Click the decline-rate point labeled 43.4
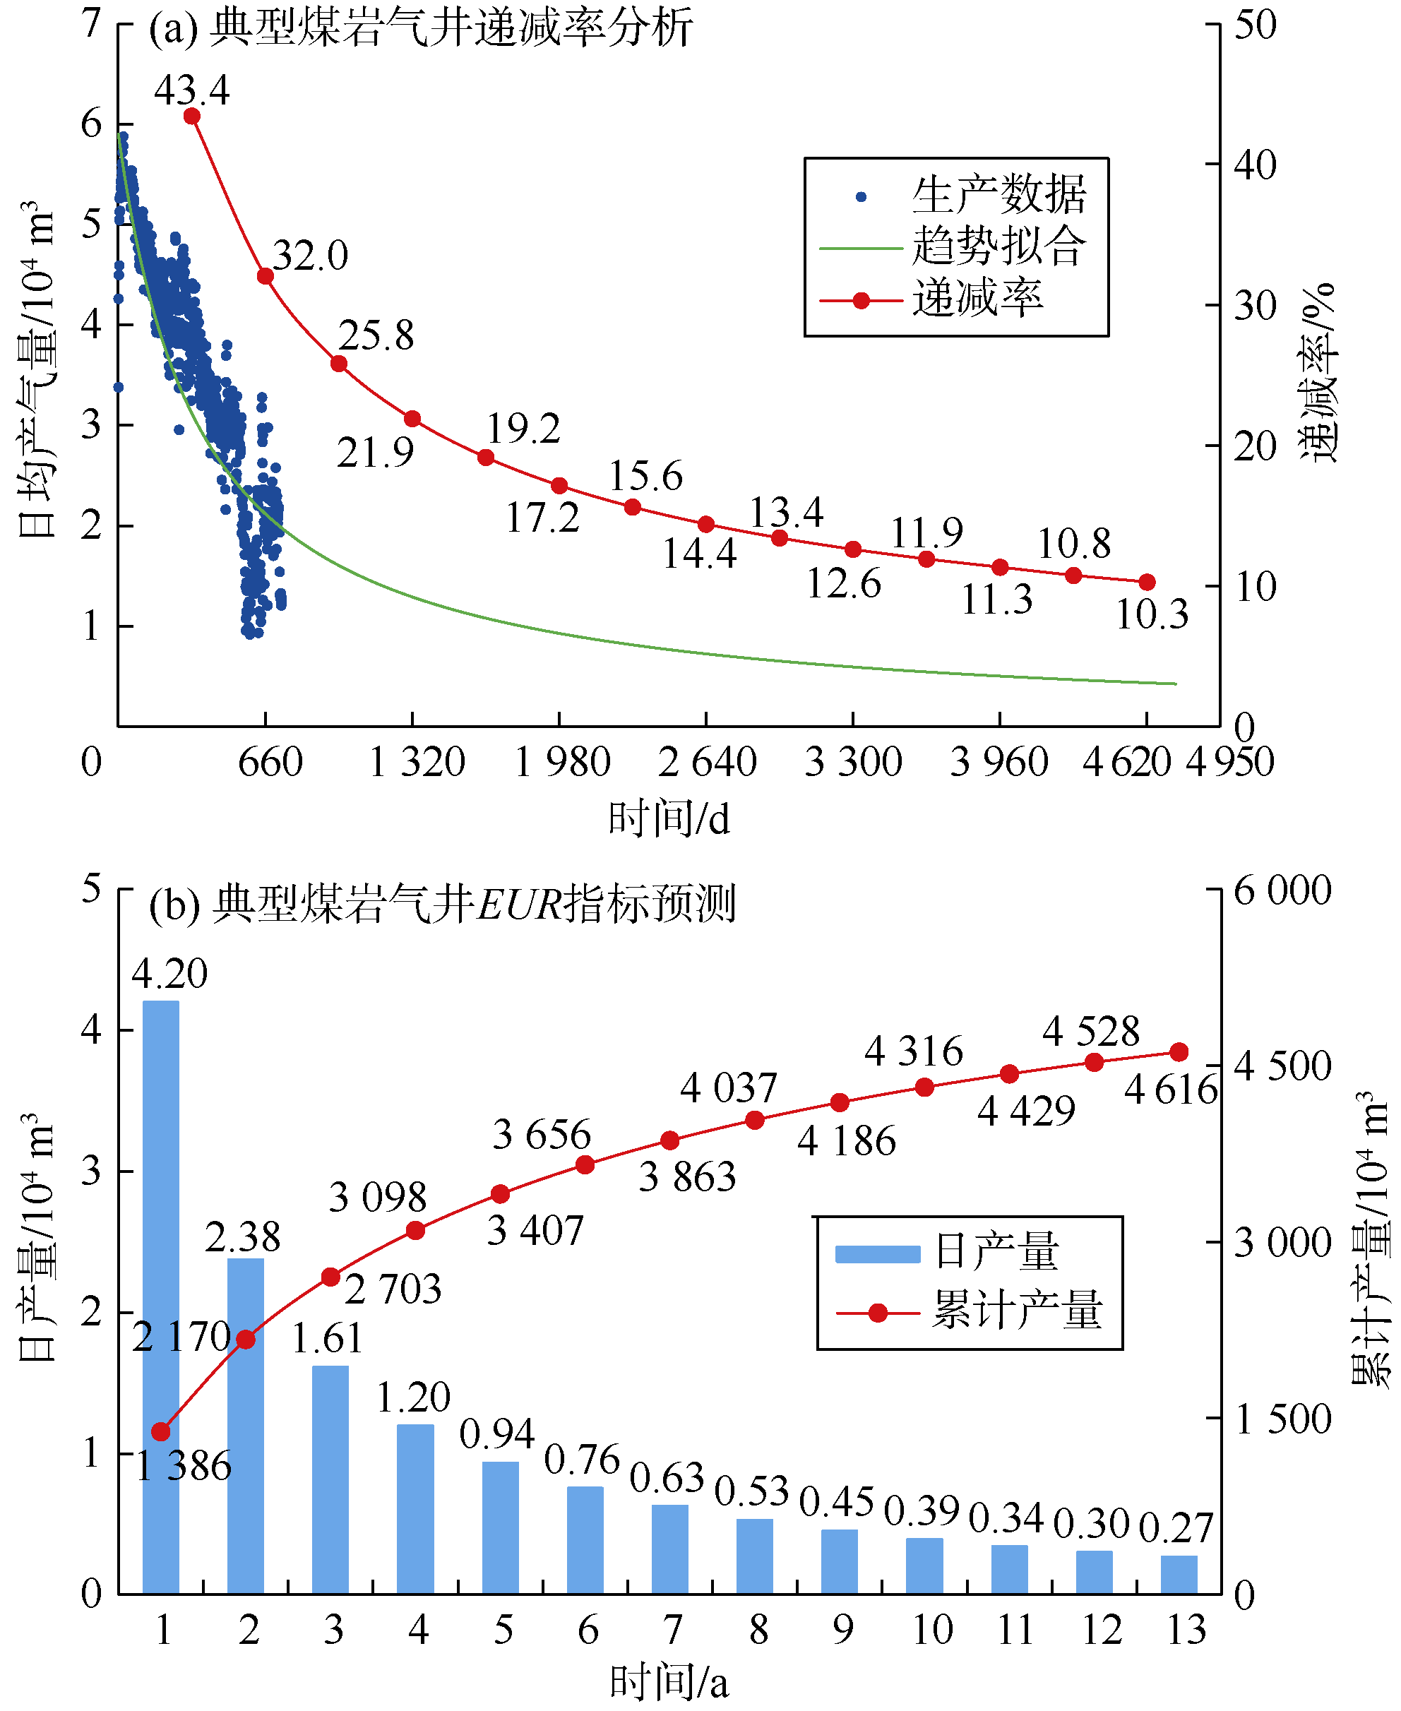192,117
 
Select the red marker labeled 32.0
266,277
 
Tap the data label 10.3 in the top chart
1152,615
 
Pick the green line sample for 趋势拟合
860,249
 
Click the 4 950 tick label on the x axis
1229,763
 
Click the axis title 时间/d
669,819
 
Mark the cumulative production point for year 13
1179,1052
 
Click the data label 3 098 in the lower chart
378,1198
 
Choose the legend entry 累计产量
1018,1310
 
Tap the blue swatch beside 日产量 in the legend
878,1254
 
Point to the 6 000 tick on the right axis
1282,892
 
